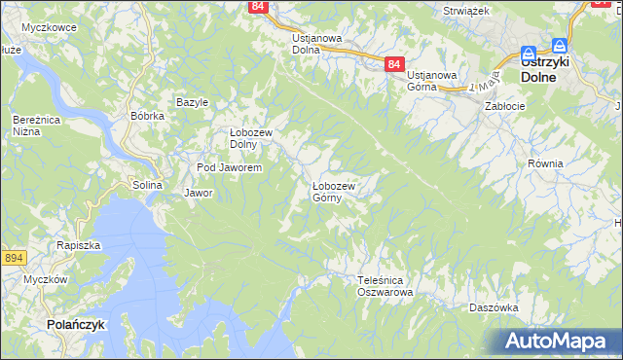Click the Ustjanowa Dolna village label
[x=316, y=44]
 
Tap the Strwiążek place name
[x=464, y=10]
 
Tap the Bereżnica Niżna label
[x=30, y=125]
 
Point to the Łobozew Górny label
[x=334, y=192]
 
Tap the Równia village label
[x=545, y=163]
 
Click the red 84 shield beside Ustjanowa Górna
[x=393, y=64]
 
